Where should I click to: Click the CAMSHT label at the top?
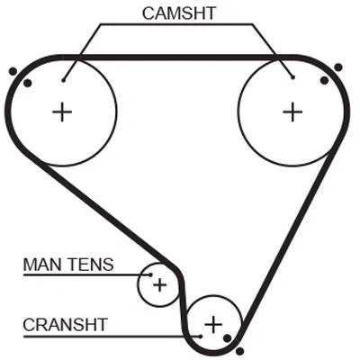179,13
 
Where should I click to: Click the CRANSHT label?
65,325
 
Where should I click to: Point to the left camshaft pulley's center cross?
62,112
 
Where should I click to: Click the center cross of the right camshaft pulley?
292,112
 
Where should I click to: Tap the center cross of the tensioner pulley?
159,285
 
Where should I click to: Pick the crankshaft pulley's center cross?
213,324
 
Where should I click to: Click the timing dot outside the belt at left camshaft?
13,71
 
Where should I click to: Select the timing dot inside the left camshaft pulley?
28,83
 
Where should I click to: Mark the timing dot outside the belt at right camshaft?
338,67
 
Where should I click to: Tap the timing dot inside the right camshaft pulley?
324,80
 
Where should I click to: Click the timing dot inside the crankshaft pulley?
228,338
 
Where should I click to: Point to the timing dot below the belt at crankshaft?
239,351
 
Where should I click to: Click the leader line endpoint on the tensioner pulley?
150,274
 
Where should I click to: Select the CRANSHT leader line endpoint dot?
201,337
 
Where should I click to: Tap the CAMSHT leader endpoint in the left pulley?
63,80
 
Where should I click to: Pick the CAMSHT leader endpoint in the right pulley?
292,77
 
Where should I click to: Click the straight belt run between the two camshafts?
178,58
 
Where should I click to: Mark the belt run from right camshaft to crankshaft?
288,237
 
